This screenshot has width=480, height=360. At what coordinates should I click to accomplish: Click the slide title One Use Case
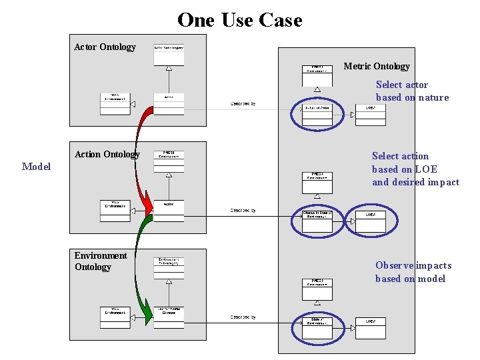239,20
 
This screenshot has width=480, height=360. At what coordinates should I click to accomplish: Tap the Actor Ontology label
105,47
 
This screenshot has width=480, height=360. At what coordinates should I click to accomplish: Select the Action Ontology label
107,154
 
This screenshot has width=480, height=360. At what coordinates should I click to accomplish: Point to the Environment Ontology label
100,261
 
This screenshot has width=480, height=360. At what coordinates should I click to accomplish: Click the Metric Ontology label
377,66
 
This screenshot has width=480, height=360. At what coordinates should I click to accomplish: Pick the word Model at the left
36,166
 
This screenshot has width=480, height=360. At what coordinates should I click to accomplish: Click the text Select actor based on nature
412,91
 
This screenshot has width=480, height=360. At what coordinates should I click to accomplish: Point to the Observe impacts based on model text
413,272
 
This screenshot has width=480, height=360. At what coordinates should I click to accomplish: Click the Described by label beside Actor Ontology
243,103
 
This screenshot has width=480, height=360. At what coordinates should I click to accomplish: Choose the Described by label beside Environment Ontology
243,317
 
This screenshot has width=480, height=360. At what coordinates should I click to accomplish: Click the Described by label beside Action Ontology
243,210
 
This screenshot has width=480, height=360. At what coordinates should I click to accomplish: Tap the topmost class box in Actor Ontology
169,54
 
